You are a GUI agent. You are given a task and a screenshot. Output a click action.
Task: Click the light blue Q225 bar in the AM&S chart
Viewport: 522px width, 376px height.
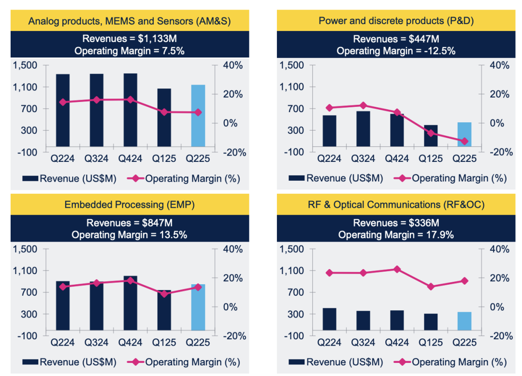(x=198, y=116)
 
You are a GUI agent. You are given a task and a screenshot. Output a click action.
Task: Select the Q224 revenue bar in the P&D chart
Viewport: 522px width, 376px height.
(x=330, y=130)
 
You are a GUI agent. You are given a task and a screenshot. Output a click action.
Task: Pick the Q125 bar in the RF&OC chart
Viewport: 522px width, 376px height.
(x=431, y=324)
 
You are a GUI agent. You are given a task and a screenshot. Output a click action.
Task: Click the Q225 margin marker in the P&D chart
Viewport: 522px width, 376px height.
(x=464, y=141)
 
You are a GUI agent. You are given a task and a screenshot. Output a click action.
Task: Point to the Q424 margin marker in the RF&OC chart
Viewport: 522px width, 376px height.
(x=397, y=269)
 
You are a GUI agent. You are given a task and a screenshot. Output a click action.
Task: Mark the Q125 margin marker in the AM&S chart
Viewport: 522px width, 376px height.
(x=164, y=112)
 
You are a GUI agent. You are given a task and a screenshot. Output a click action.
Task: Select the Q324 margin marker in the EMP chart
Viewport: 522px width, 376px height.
(x=97, y=283)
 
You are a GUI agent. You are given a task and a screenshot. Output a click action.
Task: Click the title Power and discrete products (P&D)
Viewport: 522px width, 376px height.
(x=396, y=21)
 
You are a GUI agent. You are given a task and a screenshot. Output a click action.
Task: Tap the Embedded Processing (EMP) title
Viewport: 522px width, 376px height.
(x=130, y=204)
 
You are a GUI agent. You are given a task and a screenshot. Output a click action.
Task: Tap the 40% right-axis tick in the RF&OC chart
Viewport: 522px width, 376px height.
(x=498, y=249)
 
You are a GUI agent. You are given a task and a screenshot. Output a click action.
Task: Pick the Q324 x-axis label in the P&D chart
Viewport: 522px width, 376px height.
(x=363, y=159)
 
